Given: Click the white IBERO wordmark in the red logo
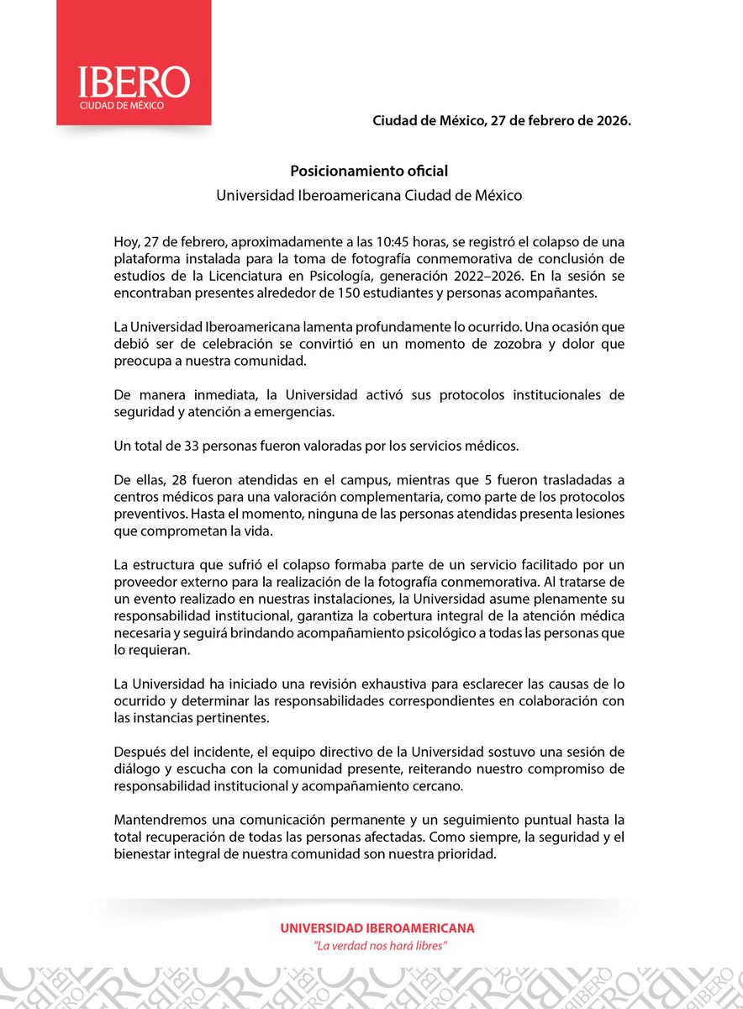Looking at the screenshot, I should [134, 82].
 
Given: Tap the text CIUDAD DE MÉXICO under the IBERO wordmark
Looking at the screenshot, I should [121, 106].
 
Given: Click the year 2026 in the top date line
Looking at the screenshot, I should [610, 120].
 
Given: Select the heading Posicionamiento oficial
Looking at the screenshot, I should [369, 170].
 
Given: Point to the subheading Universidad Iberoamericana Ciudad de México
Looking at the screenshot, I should [369, 195].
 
